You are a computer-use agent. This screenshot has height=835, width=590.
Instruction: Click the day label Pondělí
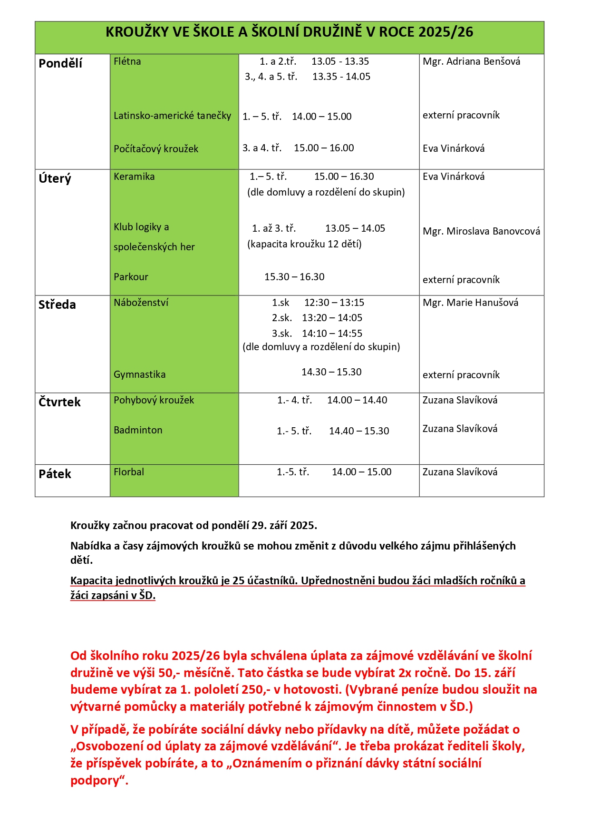click(x=60, y=63)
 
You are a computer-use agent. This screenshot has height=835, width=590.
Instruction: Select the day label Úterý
click(x=55, y=178)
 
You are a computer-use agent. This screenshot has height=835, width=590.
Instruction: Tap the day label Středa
click(x=57, y=305)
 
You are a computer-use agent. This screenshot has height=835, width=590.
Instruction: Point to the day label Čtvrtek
click(x=59, y=402)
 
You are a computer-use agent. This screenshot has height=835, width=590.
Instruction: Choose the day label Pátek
click(x=55, y=474)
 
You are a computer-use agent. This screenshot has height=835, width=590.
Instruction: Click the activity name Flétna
click(x=127, y=61)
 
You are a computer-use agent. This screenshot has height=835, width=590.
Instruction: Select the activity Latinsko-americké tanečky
click(x=172, y=116)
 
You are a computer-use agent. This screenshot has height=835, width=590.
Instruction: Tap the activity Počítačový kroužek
click(x=156, y=149)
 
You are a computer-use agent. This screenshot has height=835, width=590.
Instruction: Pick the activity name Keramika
click(x=134, y=177)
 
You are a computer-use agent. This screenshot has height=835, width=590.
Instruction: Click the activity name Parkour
click(x=131, y=277)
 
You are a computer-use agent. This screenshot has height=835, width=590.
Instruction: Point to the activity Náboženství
click(x=141, y=303)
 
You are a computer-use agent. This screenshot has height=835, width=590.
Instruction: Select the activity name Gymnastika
click(x=139, y=374)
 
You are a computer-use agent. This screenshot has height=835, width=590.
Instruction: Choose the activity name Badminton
click(x=138, y=430)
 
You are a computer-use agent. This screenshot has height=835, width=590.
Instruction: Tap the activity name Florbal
click(x=129, y=472)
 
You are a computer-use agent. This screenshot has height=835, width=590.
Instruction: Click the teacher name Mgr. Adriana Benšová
click(x=471, y=61)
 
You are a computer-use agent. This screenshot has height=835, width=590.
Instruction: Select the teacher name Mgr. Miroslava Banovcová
click(x=481, y=231)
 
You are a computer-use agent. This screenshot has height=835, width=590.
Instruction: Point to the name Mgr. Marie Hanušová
click(x=470, y=303)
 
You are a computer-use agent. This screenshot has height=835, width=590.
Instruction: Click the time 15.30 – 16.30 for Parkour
click(x=294, y=277)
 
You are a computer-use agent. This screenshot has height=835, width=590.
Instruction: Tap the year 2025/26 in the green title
click(x=446, y=32)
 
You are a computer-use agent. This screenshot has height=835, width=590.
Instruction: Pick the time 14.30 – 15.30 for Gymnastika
click(x=331, y=372)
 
